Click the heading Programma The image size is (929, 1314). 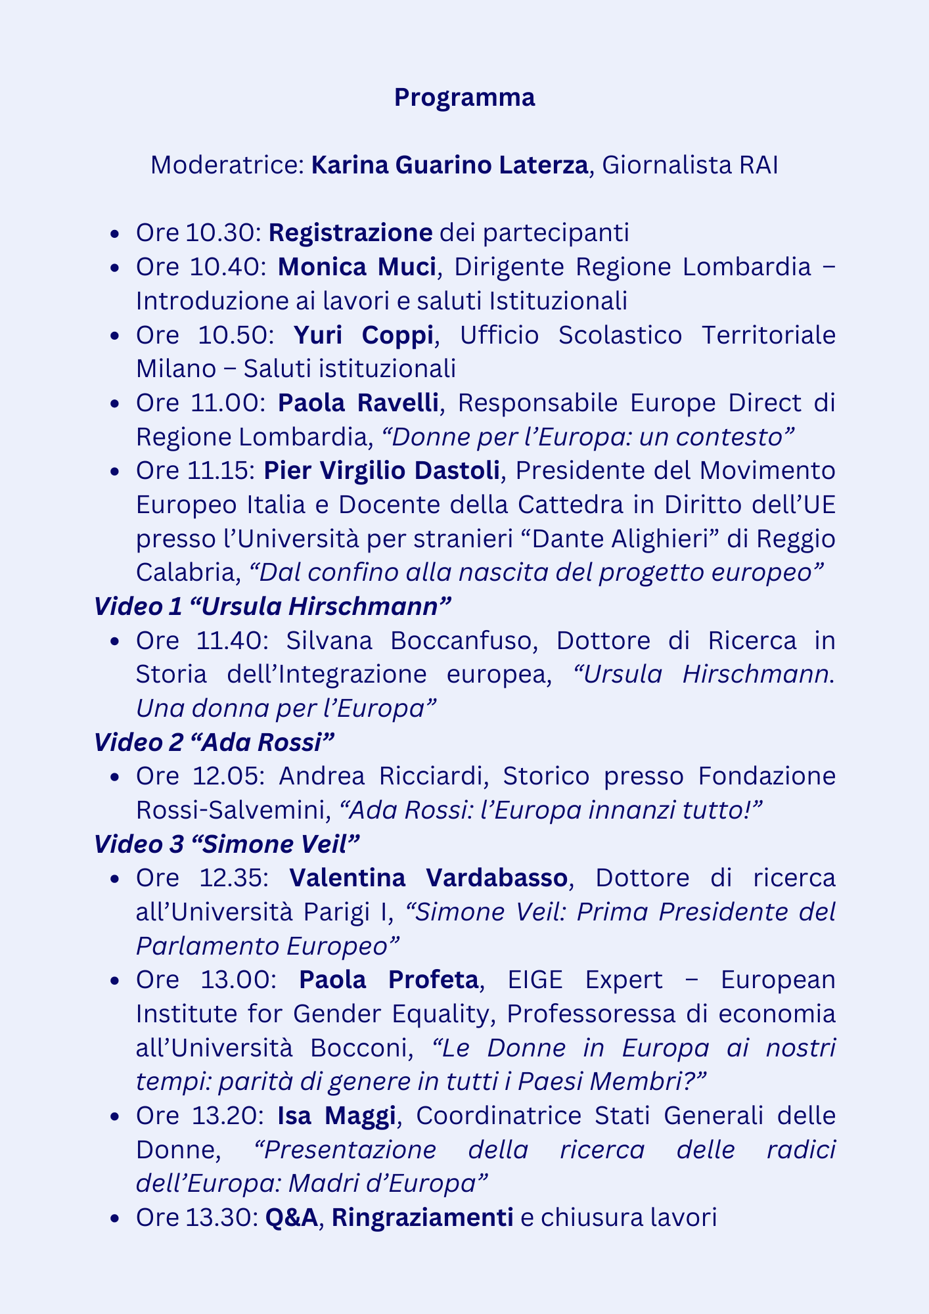(464, 98)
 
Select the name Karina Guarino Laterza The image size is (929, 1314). (449, 166)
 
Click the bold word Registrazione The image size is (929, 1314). (350, 233)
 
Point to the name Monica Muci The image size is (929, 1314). (357, 267)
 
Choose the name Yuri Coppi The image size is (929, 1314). (363, 335)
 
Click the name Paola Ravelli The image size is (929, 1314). (358, 403)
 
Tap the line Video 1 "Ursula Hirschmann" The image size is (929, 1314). (273, 606)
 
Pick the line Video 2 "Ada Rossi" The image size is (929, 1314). (214, 742)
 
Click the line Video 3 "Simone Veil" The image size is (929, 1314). (227, 844)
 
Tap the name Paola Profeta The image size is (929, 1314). (388, 980)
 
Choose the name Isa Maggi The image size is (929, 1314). (336, 1116)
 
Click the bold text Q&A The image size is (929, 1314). (292, 1217)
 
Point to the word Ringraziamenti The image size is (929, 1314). (422, 1217)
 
